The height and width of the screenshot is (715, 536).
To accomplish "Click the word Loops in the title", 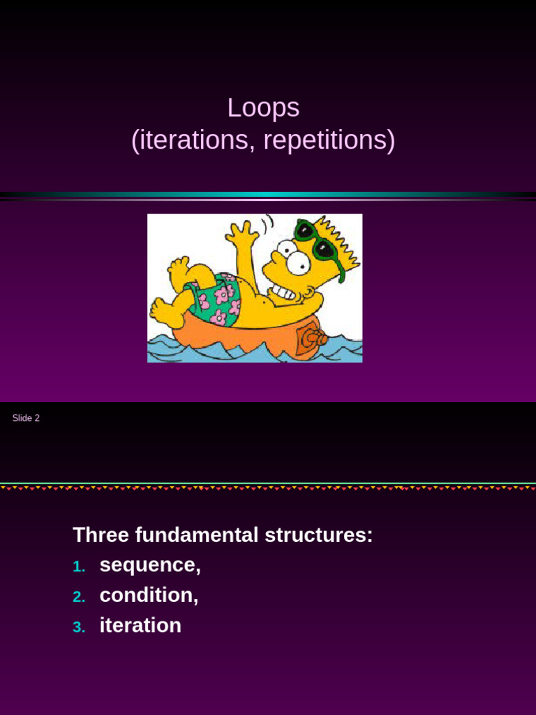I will point(263,108).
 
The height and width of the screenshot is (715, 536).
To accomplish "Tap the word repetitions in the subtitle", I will point(325,141).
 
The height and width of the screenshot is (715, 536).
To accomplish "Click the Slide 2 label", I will point(26,418).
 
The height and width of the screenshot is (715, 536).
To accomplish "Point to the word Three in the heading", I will point(100,536).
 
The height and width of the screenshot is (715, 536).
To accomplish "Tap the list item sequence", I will point(149,566).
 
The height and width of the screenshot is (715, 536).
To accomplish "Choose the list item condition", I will point(149,596).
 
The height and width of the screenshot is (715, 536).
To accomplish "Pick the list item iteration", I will point(140,626).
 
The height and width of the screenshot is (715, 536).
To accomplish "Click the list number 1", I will point(78,567).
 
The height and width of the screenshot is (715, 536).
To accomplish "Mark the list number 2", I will point(78,597).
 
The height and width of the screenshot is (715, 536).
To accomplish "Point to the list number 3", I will point(78,627).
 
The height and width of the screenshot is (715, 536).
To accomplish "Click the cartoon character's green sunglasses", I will point(315,239).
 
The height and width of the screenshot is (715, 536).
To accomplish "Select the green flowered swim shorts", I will point(216,298).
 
